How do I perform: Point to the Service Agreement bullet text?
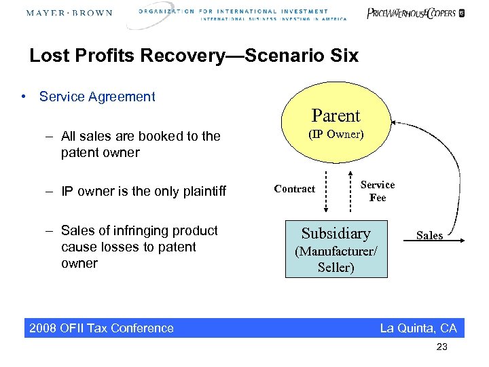point(97,97)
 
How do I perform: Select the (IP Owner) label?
point(336,134)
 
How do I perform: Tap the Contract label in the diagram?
point(294,189)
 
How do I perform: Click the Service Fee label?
point(377,191)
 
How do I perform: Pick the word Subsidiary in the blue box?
point(336,234)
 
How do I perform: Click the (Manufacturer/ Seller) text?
point(336,259)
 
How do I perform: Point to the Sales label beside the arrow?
point(429,235)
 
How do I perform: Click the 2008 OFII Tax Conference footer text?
point(101,328)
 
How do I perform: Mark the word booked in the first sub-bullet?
point(150,136)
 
